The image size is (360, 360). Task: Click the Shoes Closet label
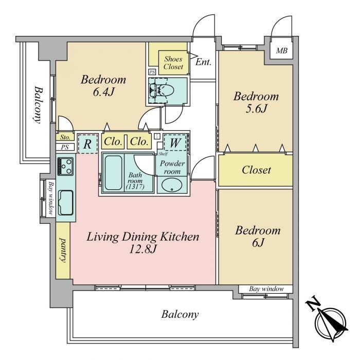pyautogui.click(x=173, y=63)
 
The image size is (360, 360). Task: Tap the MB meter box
pyautogui.click(x=281, y=50)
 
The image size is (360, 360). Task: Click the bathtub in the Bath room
pyautogui.click(x=114, y=173)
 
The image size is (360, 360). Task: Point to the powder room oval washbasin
pyautogui.click(x=172, y=185)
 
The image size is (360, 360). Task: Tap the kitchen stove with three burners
pyautogui.click(x=65, y=167)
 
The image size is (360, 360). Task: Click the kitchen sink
pyautogui.click(x=66, y=203)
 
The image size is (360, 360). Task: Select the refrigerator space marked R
pyautogui.click(x=87, y=144)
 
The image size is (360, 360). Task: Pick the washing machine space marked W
pyautogui.click(x=175, y=142)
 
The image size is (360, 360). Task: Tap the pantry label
pyautogui.click(x=63, y=250)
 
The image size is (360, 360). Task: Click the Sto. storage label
pyautogui.click(x=65, y=137)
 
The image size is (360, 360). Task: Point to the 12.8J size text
pyautogui.click(x=143, y=249)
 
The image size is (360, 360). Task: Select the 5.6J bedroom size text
pyautogui.click(x=256, y=109)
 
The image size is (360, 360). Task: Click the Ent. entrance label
pyautogui.click(x=203, y=62)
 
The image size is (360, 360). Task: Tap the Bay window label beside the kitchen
pyautogui.click(x=51, y=199)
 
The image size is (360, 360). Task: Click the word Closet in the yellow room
pyautogui.click(x=256, y=170)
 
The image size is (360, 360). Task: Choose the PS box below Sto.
pyautogui.click(x=65, y=147)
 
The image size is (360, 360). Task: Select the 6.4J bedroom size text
pyautogui.click(x=103, y=92)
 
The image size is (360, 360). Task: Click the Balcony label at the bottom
pyautogui.click(x=180, y=314)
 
